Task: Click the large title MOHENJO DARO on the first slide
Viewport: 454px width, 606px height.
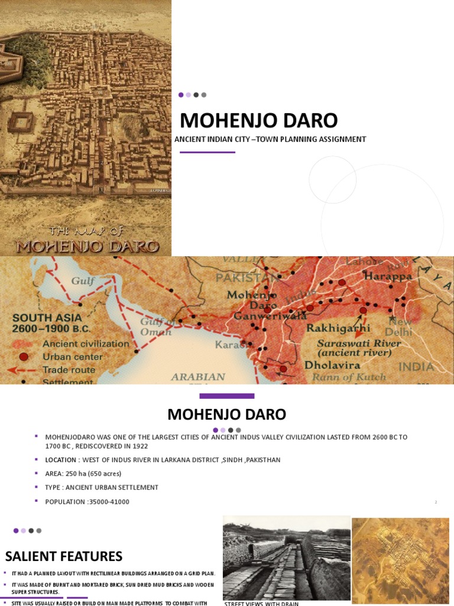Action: pos(258,121)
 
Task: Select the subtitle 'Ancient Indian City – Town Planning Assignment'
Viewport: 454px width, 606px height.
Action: pos(270,139)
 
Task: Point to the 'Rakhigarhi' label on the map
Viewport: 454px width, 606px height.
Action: pos(338,328)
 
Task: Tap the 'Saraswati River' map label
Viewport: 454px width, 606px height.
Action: pos(358,343)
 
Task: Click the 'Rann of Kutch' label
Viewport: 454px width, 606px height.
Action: pos(349,377)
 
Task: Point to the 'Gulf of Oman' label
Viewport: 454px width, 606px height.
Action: pos(155,327)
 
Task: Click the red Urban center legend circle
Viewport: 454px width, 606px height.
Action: pos(24,357)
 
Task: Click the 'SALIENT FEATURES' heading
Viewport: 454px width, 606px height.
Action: pos(64,556)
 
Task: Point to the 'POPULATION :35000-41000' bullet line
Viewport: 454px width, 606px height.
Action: pos(87,502)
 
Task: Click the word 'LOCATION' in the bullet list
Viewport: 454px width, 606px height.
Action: pos(61,460)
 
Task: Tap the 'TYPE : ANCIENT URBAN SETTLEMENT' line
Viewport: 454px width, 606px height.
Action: pos(102,488)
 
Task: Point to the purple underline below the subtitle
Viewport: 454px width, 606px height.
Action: pos(207,152)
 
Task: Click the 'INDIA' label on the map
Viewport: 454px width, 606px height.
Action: pos(416,367)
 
